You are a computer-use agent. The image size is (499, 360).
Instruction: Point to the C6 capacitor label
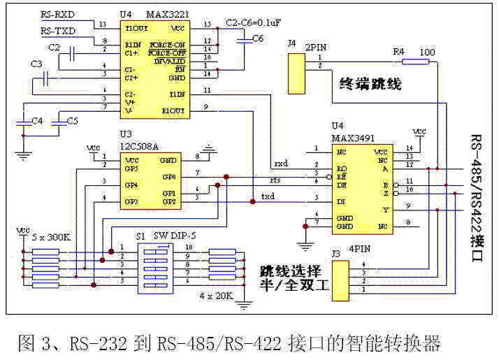257,38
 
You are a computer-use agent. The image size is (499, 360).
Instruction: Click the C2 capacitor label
53,48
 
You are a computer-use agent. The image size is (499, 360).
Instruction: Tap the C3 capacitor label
36,64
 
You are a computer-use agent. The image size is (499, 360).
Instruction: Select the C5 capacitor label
72,121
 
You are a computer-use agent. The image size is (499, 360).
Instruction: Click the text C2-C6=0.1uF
254,23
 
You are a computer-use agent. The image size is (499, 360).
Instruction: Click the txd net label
268,195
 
